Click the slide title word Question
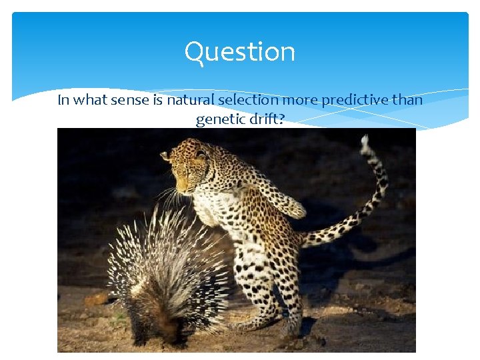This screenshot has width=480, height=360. [239, 52]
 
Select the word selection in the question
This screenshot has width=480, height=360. [249, 101]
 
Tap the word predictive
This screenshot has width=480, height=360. [357, 101]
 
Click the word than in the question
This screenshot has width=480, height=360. [407, 101]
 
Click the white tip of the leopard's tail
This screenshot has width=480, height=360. [365, 141]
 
